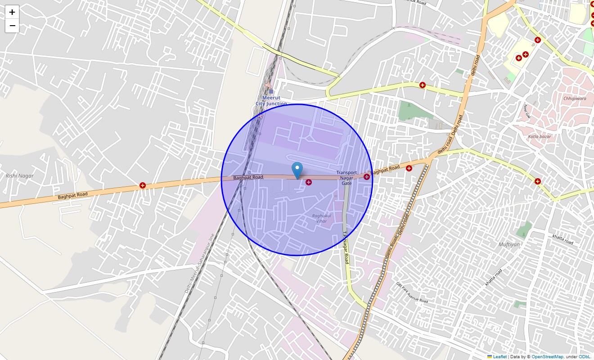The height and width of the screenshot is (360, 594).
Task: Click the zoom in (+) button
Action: point(12,12)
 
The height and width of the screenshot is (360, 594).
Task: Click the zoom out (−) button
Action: point(12,26)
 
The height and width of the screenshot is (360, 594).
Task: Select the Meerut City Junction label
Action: point(271,101)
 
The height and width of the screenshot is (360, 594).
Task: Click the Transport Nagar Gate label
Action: point(346,178)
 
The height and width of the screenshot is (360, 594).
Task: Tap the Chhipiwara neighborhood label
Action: point(575,98)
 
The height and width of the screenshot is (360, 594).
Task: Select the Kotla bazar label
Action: point(540,136)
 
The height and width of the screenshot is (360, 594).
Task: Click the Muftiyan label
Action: point(509,244)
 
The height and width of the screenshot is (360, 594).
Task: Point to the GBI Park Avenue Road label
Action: point(412,292)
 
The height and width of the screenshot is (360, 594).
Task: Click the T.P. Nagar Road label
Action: point(346,247)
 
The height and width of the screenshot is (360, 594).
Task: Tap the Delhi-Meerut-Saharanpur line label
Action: point(199,263)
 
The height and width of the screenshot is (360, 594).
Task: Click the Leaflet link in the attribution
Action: point(499,356)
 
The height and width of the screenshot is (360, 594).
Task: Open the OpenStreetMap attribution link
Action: point(547,356)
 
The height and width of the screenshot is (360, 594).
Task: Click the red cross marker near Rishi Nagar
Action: point(143,185)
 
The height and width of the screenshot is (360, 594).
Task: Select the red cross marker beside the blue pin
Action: point(309,182)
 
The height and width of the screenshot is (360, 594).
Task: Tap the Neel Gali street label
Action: point(527,110)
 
